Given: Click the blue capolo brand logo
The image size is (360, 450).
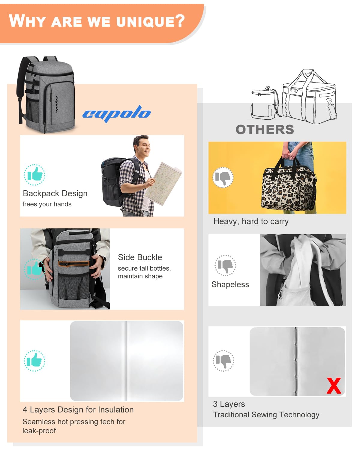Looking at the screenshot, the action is (x=116, y=113).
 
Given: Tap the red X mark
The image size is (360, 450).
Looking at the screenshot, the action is (x=334, y=385).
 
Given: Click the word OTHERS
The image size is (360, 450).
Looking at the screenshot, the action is (x=265, y=129).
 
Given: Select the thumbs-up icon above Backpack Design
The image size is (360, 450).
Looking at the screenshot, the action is (x=34, y=175).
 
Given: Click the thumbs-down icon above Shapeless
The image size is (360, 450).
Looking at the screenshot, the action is (x=225, y=265).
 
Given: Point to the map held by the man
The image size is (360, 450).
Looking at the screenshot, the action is (x=163, y=183).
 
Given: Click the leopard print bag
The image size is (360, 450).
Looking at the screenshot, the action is (x=289, y=187).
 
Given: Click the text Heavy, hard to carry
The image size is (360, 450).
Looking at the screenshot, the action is (x=251, y=221).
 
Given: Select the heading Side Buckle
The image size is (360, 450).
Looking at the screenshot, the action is (x=140, y=257).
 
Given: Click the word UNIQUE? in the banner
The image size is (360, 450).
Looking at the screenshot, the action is (x=150, y=21).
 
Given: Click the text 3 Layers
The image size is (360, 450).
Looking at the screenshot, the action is (x=229, y=404).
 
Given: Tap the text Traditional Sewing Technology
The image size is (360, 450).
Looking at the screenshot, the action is (x=266, y=415).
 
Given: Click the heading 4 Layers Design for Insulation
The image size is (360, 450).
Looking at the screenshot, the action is (x=78, y=409).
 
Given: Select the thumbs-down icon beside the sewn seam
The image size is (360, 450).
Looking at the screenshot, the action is (x=223, y=361).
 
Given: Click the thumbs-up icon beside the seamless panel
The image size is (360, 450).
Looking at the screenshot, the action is (x=34, y=361).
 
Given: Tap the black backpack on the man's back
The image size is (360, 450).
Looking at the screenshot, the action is (x=113, y=181).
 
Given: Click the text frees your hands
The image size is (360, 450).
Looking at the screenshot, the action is (x=47, y=204).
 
